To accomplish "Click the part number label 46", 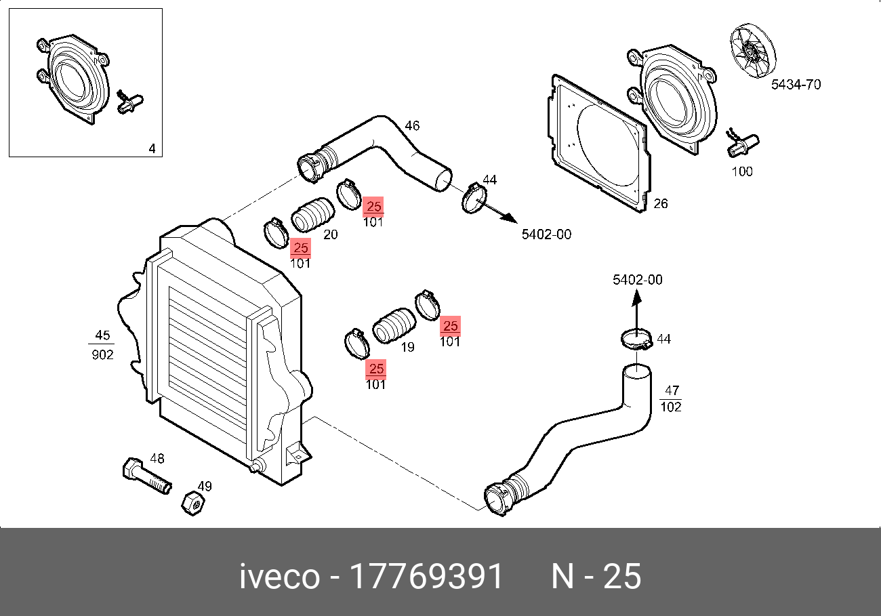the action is (412, 126).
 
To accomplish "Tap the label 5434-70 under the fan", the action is (796, 85).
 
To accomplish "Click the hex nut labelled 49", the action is (192, 503).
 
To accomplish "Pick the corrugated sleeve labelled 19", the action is (394, 327).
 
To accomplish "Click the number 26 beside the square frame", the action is (660, 203).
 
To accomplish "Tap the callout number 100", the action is (742, 171).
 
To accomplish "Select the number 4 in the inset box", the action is (152, 148).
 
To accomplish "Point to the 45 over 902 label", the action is (102, 345).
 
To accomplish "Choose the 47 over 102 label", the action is (671, 398).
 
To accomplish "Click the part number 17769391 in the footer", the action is (426, 577).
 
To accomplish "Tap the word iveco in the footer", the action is (279, 577).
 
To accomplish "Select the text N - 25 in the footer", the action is (596, 577).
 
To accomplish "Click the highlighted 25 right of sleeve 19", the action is (450, 327).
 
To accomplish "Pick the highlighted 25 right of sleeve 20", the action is (373, 207).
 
